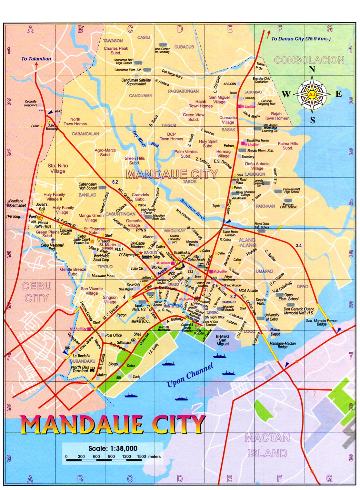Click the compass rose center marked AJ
point(312,94)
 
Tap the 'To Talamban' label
point(36,59)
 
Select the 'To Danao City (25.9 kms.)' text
point(301,39)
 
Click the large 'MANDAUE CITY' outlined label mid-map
point(172,174)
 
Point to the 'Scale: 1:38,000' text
point(113,448)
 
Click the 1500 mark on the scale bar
point(141,456)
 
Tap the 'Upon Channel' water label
point(190,375)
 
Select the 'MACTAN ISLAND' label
point(267,446)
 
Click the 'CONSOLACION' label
point(309,60)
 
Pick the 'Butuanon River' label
point(193,210)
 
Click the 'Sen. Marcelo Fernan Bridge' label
point(321,322)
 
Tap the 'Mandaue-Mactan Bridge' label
point(282,345)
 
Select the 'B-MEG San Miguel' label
point(223,340)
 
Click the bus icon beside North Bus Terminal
point(92,369)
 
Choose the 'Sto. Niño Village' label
point(58,168)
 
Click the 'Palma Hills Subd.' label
point(288,146)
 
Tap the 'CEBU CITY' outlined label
point(36,292)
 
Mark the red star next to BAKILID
point(141,253)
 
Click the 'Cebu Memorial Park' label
point(52,247)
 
